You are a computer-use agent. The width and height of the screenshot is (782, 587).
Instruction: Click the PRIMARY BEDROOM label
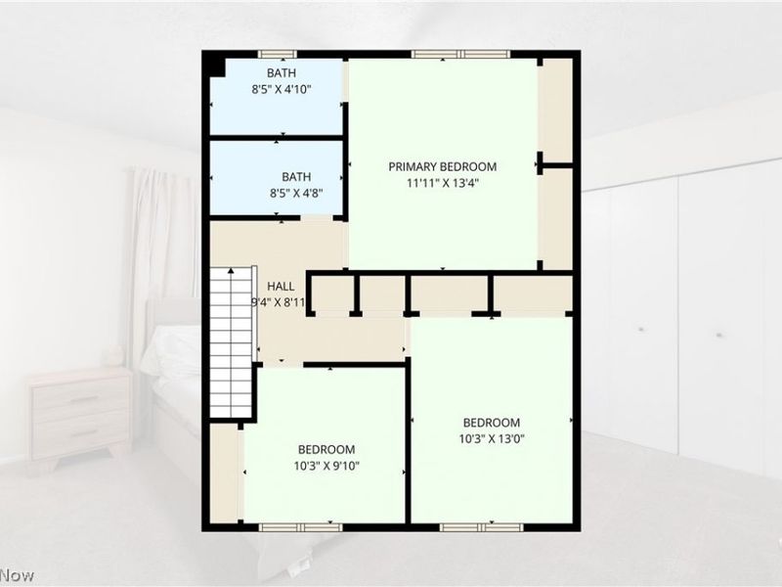point(443,166)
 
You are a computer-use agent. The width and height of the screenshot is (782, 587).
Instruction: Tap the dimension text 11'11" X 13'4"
point(443,183)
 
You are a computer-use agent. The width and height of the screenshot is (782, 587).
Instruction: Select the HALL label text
point(281,287)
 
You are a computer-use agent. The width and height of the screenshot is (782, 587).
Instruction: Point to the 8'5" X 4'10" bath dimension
point(282,90)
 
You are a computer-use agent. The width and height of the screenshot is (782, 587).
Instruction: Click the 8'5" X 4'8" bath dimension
point(297,193)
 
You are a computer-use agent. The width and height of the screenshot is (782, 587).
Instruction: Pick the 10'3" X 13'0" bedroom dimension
point(492,438)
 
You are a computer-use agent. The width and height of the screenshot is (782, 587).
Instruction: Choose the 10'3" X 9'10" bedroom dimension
point(326,466)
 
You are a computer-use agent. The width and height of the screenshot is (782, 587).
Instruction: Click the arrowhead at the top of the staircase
point(231,271)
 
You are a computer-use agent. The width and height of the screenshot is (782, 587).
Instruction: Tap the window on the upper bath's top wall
point(278,54)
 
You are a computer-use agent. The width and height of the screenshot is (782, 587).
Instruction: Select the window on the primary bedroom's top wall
point(460,54)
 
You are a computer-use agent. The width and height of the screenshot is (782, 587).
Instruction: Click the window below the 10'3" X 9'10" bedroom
point(301,527)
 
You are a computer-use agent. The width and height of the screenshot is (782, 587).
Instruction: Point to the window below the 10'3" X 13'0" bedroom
point(482,527)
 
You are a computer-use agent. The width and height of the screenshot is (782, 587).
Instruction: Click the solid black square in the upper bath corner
point(217,68)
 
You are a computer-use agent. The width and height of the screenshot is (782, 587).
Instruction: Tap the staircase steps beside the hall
point(231,343)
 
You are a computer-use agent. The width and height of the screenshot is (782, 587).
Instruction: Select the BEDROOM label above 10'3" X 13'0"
point(492,423)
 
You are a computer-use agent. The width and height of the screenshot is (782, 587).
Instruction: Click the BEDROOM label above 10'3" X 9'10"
point(326,449)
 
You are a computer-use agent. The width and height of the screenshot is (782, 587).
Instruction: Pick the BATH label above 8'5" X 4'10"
point(282,73)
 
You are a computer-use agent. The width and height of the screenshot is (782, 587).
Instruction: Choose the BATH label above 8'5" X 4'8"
point(296,177)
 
